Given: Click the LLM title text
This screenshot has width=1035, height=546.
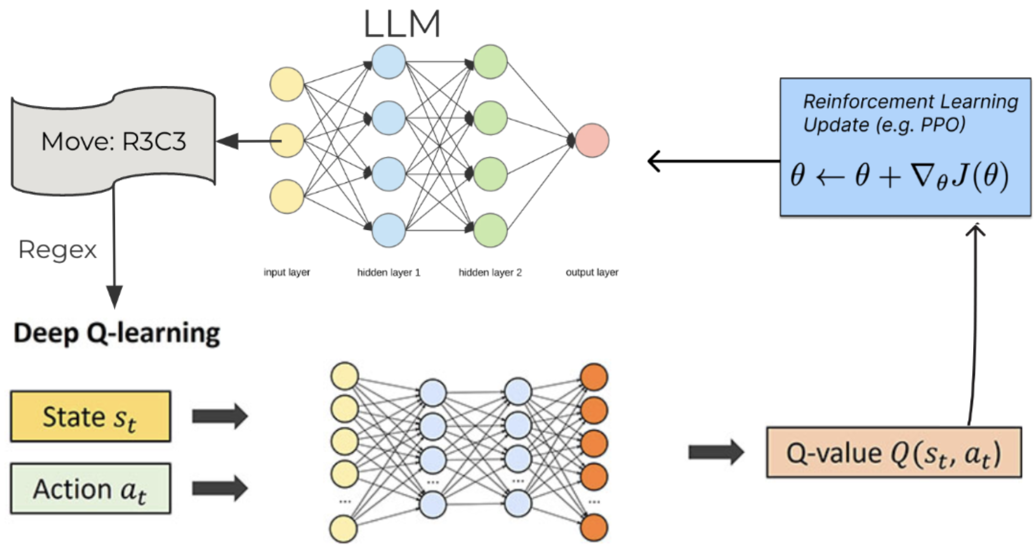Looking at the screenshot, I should (x=402, y=24).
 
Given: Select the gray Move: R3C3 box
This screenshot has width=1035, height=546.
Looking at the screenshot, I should (x=113, y=142).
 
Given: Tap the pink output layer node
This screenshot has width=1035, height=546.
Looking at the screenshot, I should (x=592, y=140).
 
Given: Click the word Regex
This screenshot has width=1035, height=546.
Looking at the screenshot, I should (x=57, y=250).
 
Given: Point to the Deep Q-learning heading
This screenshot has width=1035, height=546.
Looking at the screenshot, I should (x=117, y=333).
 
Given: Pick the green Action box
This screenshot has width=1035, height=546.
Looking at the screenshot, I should (x=91, y=489).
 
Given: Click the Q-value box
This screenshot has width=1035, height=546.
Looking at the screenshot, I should (x=893, y=453).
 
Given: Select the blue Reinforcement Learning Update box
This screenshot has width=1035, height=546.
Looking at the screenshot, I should (x=905, y=147).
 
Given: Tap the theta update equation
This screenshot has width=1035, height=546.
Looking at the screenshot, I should (x=899, y=175).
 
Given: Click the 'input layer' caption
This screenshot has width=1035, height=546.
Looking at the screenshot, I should (x=287, y=272).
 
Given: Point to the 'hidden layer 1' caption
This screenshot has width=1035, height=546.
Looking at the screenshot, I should (x=389, y=272).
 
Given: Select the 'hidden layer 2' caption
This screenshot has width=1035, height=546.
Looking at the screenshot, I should (x=490, y=272).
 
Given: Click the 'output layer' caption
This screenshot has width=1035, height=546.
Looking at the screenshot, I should (x=592, y=272).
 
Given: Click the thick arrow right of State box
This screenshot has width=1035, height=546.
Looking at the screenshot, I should (x=220, y=416).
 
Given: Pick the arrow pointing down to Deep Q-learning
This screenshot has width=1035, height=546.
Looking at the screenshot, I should (x=114, y=248).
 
